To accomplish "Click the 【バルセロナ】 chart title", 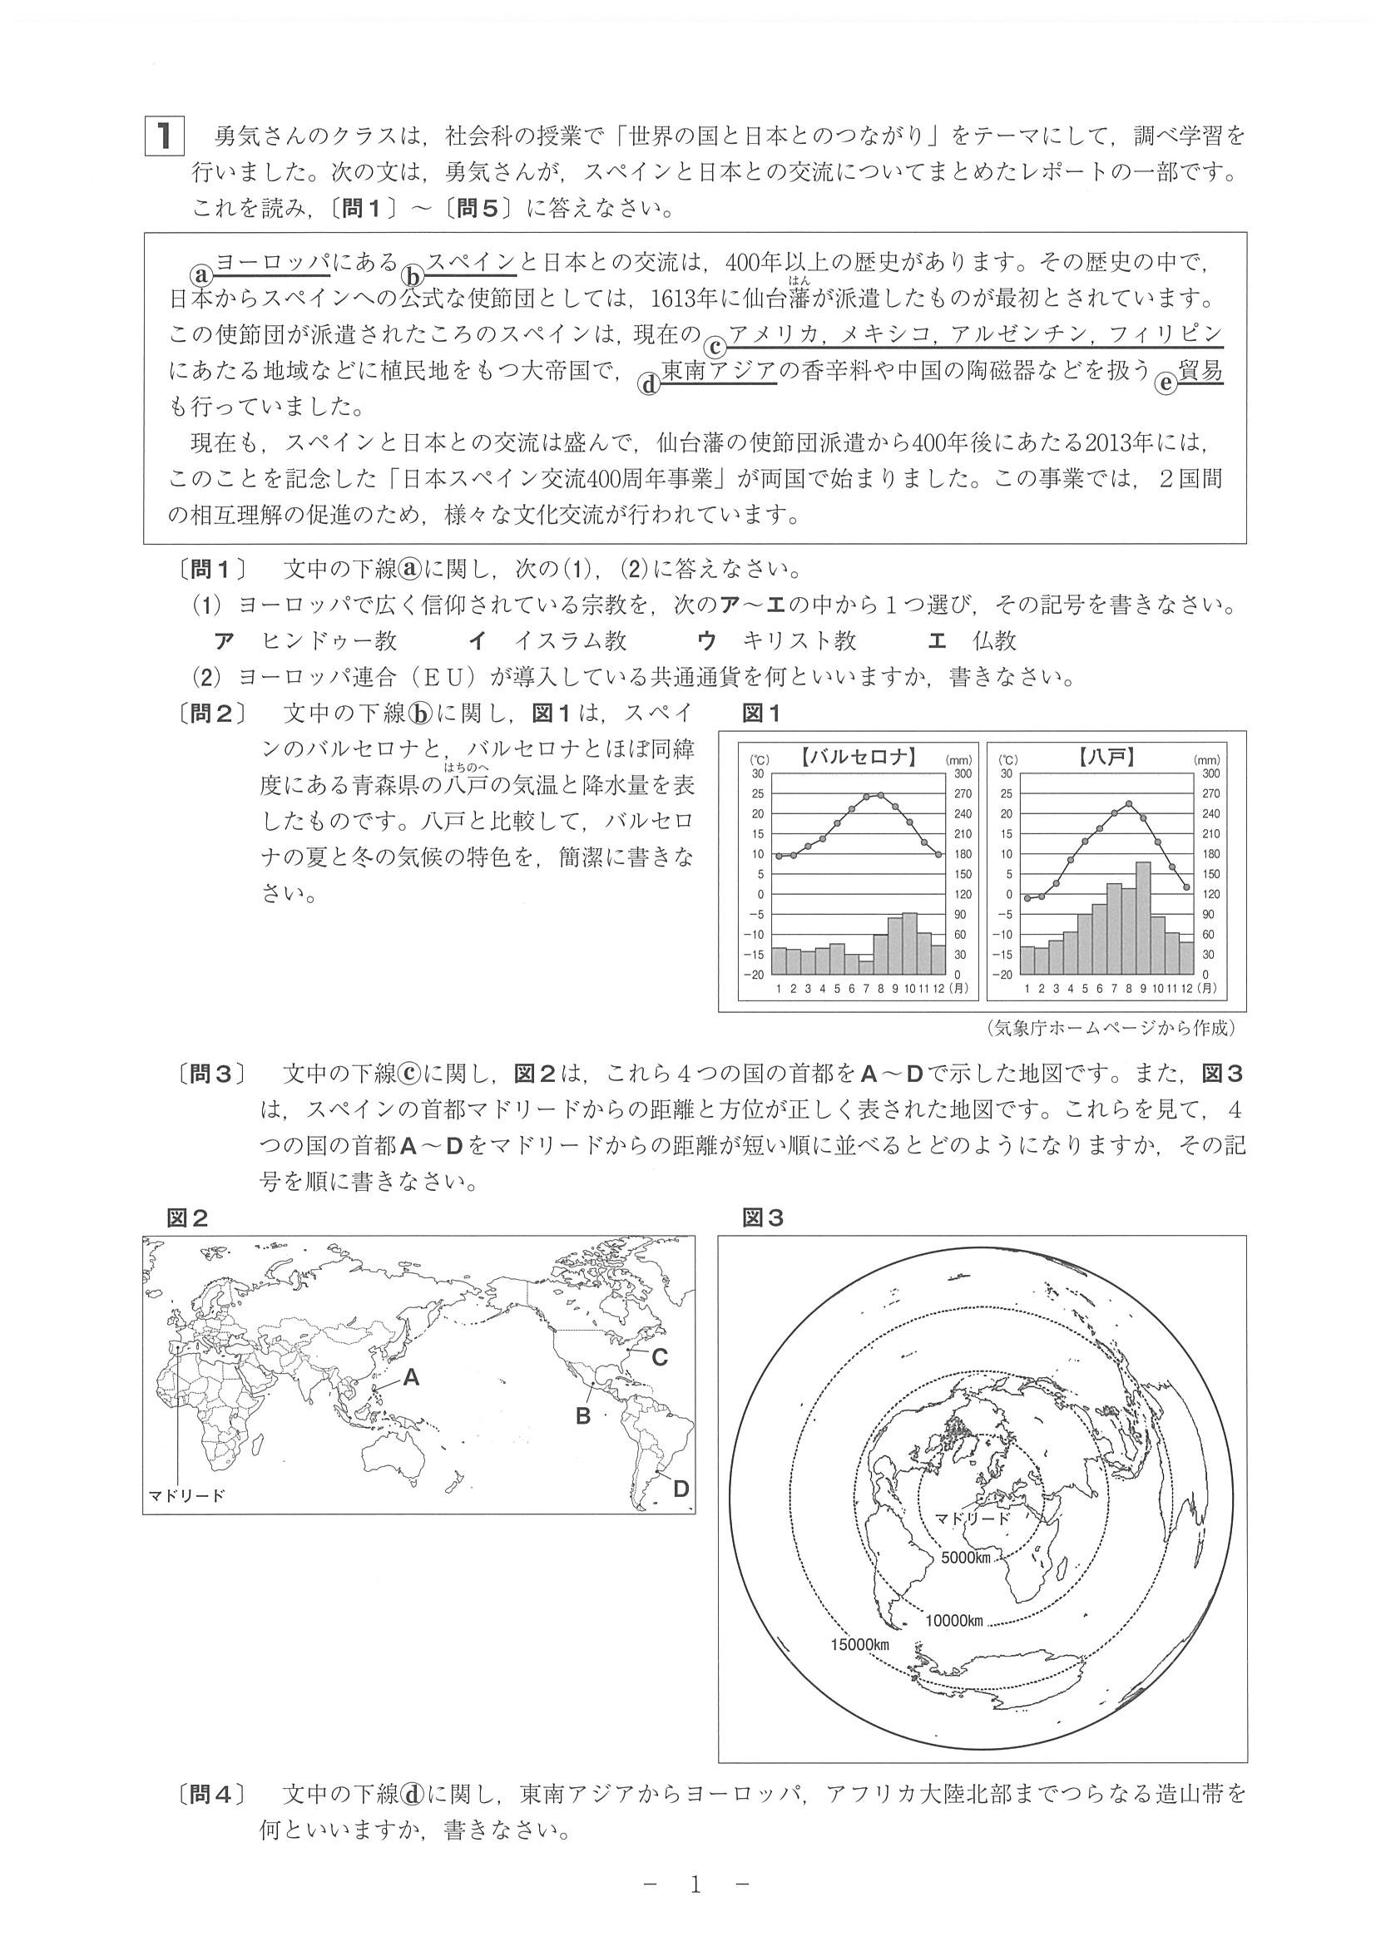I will click(x=858, y=757).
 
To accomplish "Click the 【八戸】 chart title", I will click(x=1107, y=757).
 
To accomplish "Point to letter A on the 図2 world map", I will click(x=411, y=1377).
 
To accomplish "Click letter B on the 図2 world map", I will click(x=583, y=1415).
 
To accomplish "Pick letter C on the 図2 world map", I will click(x=660, y=1357).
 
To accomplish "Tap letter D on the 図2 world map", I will click(x=681, y=1488).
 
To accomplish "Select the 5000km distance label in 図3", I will click(x=966, y=1557).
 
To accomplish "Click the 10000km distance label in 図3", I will click(x=953, y=1621).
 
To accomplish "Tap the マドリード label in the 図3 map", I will click(x=972, y=1517).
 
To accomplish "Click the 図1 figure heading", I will click(x=760, y=714).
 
